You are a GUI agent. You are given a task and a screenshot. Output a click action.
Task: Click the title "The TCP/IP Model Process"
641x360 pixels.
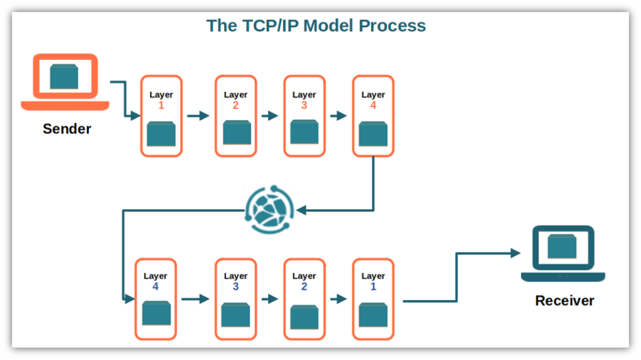(316, 26)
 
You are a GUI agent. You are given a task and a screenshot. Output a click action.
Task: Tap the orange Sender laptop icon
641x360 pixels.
(64, 82)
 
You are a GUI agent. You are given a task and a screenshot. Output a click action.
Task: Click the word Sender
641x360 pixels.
(67, 129)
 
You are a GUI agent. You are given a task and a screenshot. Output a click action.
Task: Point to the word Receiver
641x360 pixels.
(565, 301)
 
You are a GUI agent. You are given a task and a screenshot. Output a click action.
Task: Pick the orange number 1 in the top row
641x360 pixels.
(161, 106)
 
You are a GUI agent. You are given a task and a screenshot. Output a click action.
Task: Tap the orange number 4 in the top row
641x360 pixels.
(373, 106)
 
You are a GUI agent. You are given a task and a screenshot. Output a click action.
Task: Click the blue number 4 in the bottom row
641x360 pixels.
(155, 287)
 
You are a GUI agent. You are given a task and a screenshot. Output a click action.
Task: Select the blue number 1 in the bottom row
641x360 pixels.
(373, 287)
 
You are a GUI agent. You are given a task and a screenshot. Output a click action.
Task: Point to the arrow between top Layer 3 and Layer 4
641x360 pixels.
(339, 116)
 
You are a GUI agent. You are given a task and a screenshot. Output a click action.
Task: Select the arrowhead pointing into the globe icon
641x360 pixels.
(300, 211)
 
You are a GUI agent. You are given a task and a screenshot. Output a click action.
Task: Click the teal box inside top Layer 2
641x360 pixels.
(236, 133)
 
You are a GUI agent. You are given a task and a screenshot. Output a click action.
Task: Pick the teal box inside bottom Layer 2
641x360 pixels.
(304, 316)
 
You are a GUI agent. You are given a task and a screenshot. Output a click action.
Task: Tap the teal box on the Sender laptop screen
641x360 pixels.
(64, 76)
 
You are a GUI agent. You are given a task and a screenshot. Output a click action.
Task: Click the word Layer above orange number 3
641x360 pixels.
(304, 95)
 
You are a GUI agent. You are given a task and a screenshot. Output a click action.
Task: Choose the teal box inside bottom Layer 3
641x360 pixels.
(236, 315)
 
